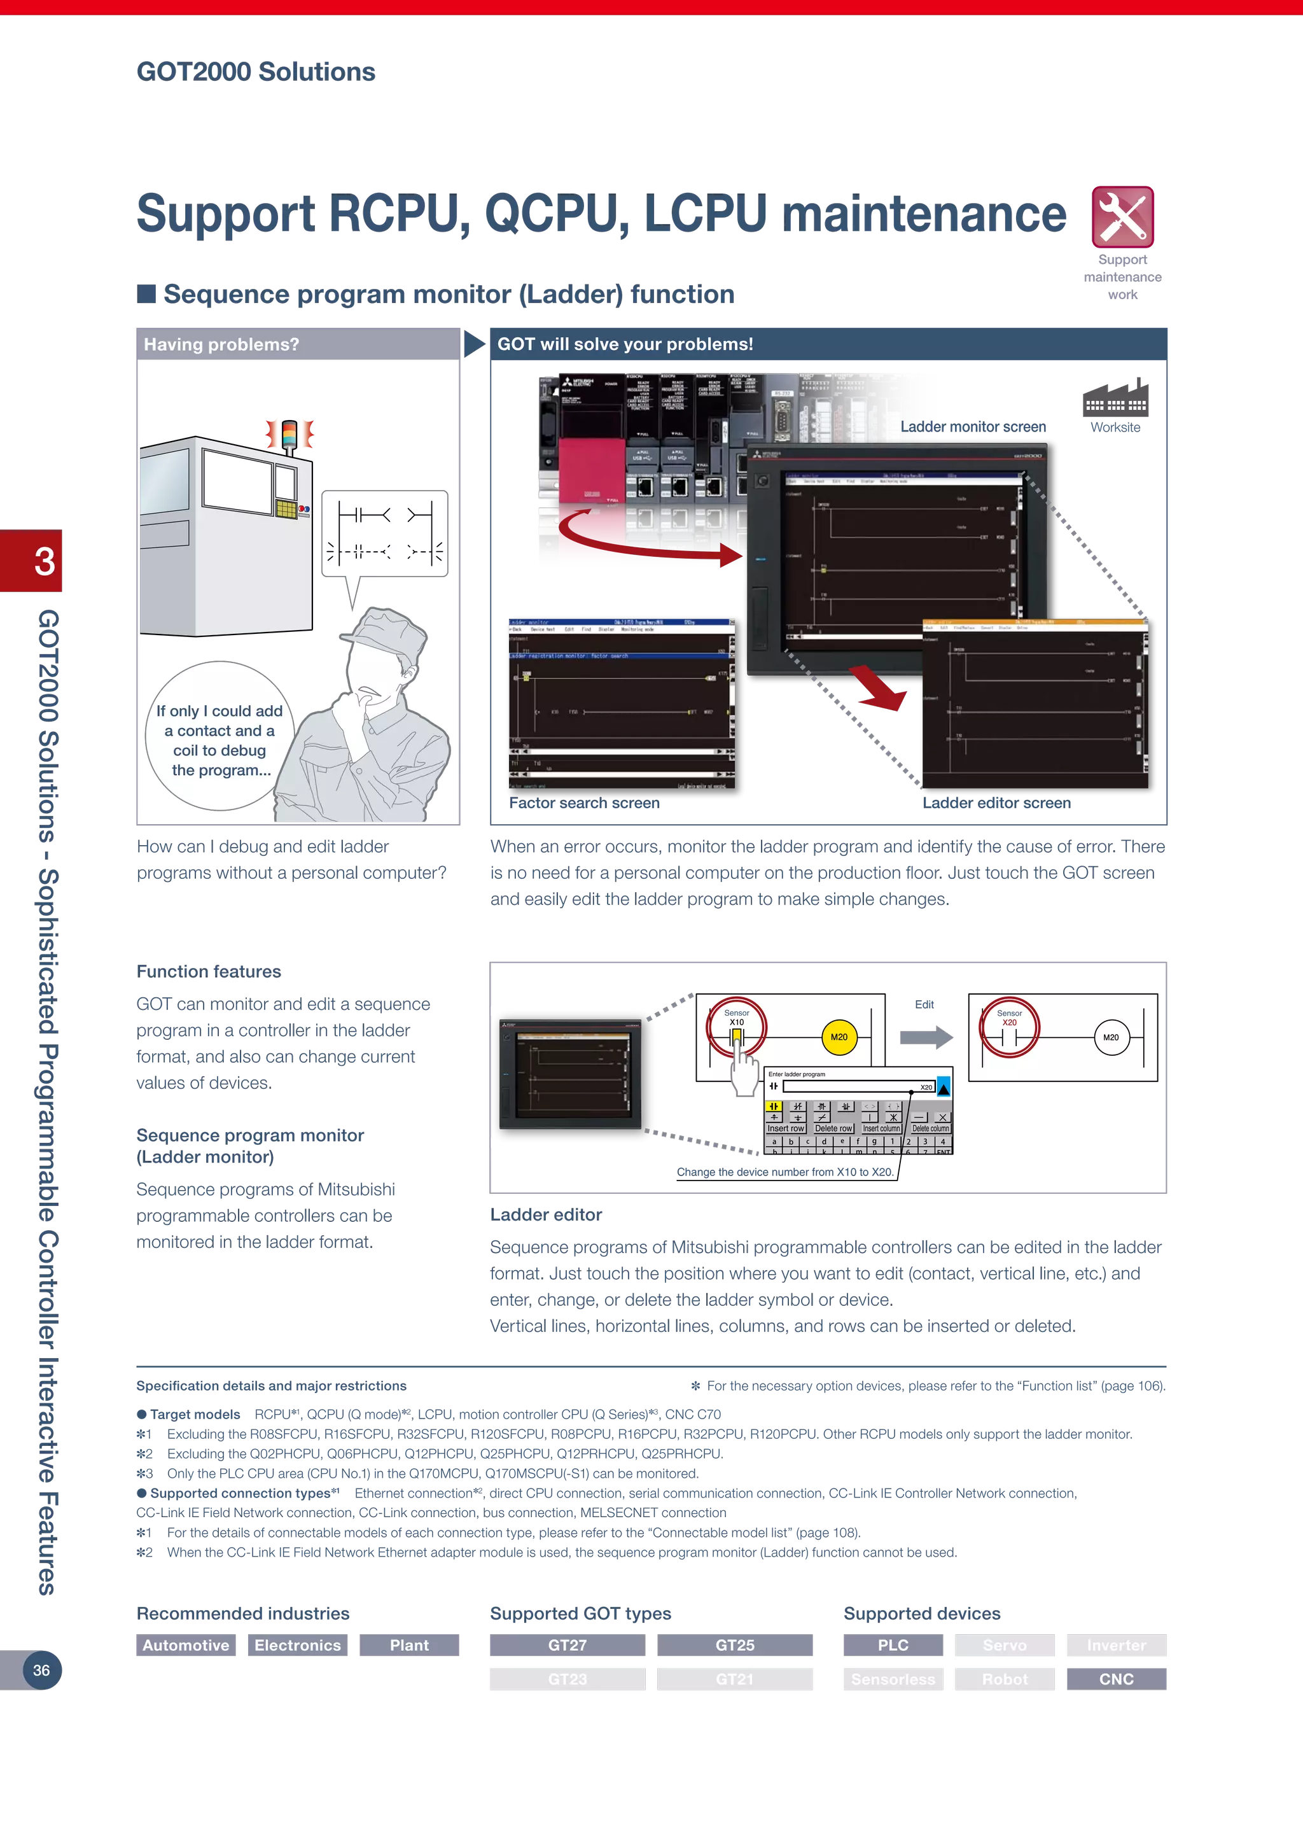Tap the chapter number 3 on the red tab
click(44, 561)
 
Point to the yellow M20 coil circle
click(839, 1037)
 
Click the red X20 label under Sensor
click(1009, 1023)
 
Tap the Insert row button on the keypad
click(786, 1128)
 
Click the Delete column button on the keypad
click(930, 1128)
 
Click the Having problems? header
click(221, 344)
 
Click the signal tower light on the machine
click(289, 433)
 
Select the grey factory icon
click(1115, 400)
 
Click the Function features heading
click(209, 971)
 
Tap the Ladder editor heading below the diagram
click(546, 1214)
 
